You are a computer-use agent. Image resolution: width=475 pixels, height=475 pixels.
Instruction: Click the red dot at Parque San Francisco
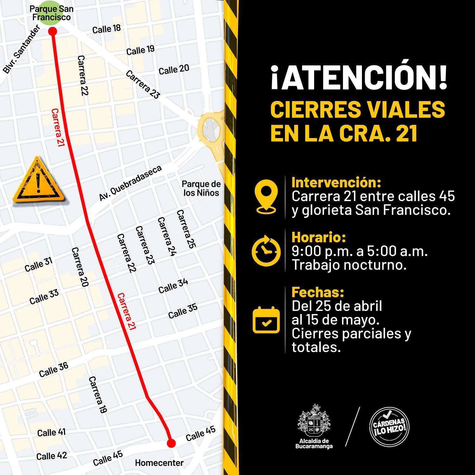coord(53,31)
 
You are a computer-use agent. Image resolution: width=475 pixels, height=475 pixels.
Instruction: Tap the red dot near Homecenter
coord(171,443)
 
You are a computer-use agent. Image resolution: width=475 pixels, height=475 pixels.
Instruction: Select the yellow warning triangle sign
coord(38,181)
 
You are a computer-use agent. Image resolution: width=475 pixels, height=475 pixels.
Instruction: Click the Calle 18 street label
coord(106,29)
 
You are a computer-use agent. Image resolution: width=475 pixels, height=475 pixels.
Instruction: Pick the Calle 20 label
coord(174,69)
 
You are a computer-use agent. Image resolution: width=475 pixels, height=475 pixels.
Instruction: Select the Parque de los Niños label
coord(201,188)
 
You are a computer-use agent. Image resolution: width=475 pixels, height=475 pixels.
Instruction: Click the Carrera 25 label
coord(186,229)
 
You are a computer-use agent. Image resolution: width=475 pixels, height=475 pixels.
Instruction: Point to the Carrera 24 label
coord(167,237)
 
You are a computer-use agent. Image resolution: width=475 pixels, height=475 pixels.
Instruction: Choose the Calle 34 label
coord(173,286)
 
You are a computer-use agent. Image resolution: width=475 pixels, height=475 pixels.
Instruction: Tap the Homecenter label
coord(159,463)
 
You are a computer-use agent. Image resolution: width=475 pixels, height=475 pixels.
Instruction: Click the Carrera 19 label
coord(98,395)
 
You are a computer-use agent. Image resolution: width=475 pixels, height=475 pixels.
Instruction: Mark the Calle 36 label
coord(54,370)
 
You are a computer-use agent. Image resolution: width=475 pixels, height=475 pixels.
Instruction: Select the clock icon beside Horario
coord(266,251)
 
